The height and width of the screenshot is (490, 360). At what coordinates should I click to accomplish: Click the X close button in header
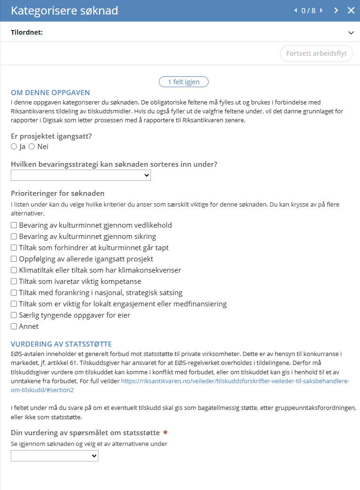click(351, 10)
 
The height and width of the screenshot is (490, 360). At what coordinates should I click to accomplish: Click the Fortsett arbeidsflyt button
click(316, 53)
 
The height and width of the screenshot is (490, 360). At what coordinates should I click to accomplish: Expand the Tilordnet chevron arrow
click(351, 33)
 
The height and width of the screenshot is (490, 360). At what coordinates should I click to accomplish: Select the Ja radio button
click(14, 147)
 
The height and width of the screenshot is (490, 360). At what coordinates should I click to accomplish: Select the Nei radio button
click(32, 147)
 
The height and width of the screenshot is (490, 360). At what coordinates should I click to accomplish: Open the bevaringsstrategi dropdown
click(81, 175)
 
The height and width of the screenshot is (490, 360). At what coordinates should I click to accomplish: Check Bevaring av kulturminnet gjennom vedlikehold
click(14, 225)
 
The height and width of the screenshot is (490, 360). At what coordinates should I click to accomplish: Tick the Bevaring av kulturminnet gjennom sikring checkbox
click(14, 237)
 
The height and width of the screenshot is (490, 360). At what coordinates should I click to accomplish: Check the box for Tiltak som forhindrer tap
click(14, 248)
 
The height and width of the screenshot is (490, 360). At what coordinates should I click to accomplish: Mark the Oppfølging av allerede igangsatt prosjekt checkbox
click(14, 259)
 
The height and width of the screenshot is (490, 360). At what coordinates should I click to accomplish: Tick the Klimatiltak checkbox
click(14, 270)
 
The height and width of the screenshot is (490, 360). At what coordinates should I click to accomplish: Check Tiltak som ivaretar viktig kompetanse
click(14, 282)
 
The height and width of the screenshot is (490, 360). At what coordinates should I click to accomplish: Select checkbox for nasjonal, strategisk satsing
click(14, 293)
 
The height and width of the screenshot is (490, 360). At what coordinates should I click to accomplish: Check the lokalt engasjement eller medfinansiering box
click(14, 304)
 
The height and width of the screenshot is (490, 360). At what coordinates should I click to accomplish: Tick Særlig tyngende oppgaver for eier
click(14, 315)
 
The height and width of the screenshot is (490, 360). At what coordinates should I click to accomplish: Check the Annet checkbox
click(14, 327)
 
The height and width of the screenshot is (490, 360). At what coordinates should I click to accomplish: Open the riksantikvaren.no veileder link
click(235, 381)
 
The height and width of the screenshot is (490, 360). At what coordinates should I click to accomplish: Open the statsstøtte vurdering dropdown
click(54, 456)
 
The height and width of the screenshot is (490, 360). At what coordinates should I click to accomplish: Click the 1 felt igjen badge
click(184, 82)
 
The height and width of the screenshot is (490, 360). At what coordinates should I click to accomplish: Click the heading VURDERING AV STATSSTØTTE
click(61, 344)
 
